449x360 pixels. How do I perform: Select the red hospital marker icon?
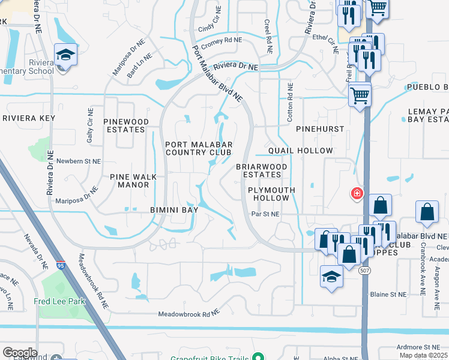coord(357,193)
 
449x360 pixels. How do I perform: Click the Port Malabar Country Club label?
coord(198,148)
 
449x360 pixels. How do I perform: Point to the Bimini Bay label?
coord(174,210)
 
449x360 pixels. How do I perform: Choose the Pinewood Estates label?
coord(126,125)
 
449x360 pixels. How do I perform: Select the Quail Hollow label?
coord(301,151)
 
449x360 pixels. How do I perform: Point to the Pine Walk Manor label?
coord(129,181)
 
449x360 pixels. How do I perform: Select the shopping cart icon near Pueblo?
coord(360,94)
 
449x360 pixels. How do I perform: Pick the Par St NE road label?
coord(266,214)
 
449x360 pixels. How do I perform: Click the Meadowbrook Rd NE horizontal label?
coord(188,314)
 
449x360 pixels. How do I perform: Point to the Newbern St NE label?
coord(79,161)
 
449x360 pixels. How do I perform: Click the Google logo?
coord(20,353)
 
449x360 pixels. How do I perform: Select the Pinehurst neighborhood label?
coord(320,129)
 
